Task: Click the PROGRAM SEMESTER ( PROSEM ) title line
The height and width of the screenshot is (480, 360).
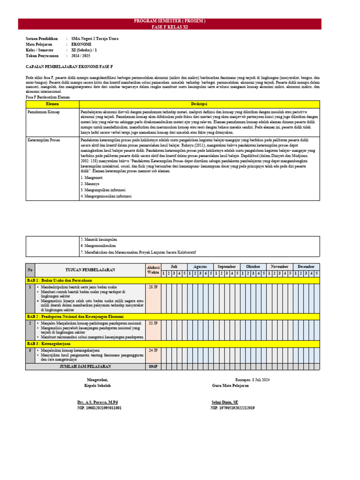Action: (169, 22)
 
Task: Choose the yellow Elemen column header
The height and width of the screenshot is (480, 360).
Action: (52, 103)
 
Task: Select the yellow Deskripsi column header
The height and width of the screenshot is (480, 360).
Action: (199, 103)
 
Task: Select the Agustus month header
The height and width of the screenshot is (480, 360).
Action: (200, 267)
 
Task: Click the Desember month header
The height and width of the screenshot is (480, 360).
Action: (306, 267)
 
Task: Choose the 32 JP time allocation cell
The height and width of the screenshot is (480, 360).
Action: (153, 323)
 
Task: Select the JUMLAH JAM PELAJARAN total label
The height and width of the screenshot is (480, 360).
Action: (85, 367)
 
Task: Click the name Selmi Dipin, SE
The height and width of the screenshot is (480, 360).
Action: (225, 402)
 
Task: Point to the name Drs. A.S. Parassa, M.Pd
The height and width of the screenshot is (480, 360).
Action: (97, 402)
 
